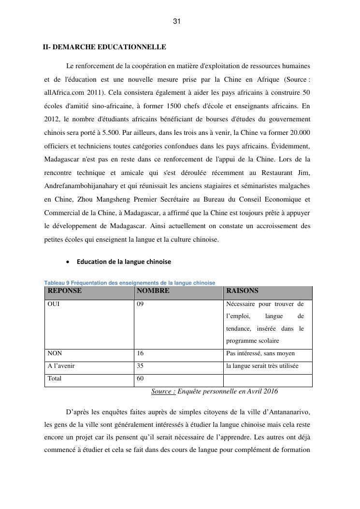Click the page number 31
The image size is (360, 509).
[x=176, y=22]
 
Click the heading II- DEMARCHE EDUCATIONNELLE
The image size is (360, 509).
[x=104, y=47]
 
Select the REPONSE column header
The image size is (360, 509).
[x=65, y=291]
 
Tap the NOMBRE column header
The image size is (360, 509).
[x=153, y=291]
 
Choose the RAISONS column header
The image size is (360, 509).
[x=242, y=291]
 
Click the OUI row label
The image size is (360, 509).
[x=53, y=304]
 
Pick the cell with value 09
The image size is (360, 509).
[x=140, y=304]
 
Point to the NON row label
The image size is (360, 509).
[x=55, y=353]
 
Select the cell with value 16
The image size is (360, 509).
[x=140, y=353]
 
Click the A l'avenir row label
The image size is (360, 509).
[x=61, y=366]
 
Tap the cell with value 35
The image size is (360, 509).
[x=140, y=366]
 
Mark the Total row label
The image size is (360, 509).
[x=55, y=378]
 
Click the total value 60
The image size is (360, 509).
[x=140, y=378]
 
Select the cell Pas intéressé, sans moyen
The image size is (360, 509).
[x=260, y=353]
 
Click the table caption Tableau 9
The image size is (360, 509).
[x=130, y=283]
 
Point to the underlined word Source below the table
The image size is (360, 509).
[x=163, y=391]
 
